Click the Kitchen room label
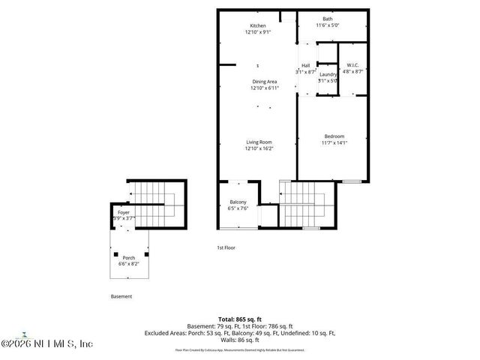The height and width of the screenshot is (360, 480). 258,25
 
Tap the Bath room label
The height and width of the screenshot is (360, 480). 328,19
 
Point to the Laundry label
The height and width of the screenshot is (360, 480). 327,75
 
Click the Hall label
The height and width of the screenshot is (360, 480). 305,65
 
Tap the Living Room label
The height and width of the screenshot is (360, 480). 258,142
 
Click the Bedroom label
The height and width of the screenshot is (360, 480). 334,136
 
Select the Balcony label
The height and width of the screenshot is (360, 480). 238,202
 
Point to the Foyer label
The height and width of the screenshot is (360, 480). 123,213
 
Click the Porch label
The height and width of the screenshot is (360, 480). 129,258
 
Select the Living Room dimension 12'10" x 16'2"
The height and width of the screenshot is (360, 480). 258,148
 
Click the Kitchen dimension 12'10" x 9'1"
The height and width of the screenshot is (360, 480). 258,32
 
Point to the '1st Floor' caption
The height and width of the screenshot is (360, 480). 226,247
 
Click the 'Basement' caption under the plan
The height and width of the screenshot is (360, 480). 121,296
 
